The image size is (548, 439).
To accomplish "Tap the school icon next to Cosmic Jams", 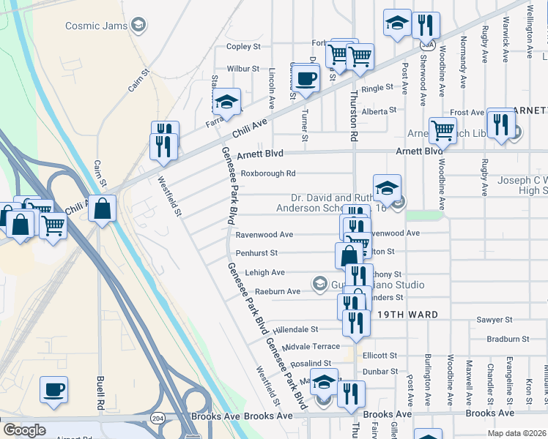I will pyautogui.click(x=137, y=26).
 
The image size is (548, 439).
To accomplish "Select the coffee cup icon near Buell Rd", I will pyautogui.click(x=53, y=389).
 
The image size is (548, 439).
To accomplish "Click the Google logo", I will pyautogui.click(x=24, y=430).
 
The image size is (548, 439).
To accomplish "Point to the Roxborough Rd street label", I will pyautogui.click(x=268, y=173).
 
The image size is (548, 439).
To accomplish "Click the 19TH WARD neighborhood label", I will pyautogui.click(x=408, y=315).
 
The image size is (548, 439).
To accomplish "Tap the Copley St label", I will pyautogui.click(x=243, y=47).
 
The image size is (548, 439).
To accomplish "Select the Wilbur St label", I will pyautogui.click(x=243, y=69).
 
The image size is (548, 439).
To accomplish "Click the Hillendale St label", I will pyautogui.click(x=295, y=330).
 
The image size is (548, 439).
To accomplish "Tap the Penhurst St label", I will pyautogui.click(x=256, y=253).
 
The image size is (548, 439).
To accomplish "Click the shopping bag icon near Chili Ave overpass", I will pyautogui.click(x=102, y=209).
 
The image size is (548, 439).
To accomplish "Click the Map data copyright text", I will pyautogui.click(x=516, y=433).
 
